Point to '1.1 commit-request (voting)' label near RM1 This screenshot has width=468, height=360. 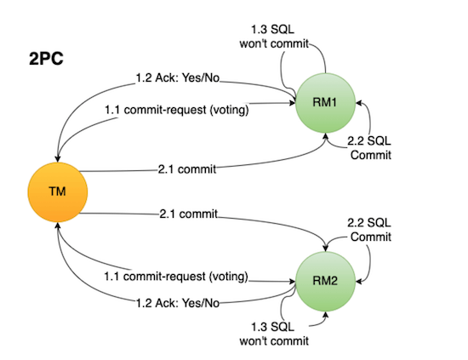176,111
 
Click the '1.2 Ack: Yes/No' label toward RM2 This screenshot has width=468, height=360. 177,302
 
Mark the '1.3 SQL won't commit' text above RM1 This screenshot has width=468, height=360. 274,31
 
